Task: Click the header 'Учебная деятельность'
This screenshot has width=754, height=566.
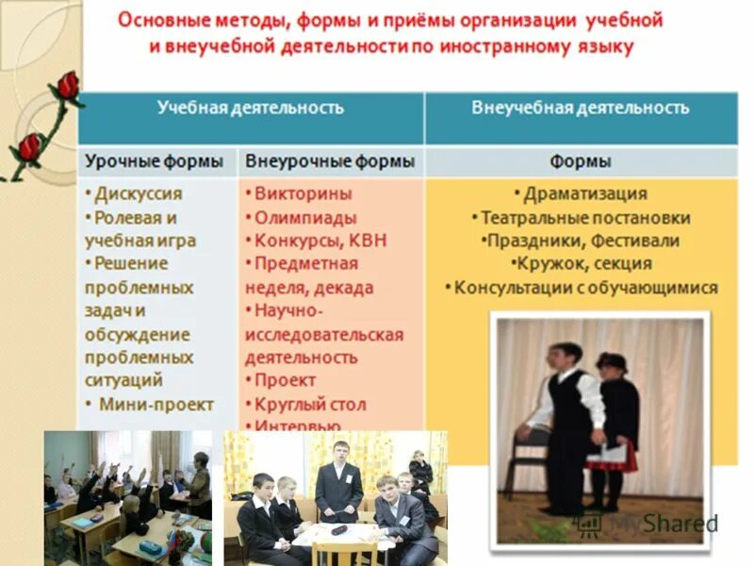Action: (250, 108)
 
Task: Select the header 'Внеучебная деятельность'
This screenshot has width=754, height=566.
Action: (581, 108)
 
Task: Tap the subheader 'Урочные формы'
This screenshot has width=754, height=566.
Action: (156, 161)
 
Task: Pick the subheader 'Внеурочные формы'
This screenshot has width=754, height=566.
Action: (330, 161)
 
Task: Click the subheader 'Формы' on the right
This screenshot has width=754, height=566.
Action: (581, 161)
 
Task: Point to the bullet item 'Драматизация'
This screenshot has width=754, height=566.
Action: (584, 193)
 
